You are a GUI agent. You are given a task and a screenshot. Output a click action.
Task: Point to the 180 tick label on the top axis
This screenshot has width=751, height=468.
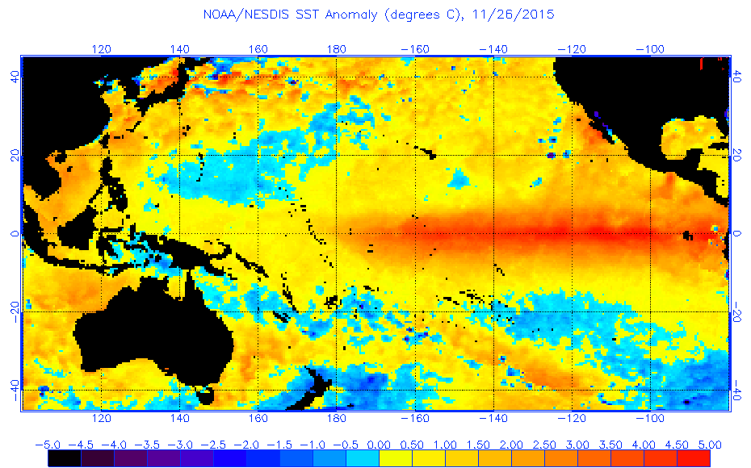(x=336, y=48)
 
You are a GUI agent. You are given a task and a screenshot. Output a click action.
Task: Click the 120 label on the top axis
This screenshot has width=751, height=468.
(x=101, y=48)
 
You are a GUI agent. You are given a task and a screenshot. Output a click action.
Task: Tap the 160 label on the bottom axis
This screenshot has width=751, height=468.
(x=258, y=419)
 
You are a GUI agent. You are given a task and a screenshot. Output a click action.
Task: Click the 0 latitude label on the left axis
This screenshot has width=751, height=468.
(x=14, y=233)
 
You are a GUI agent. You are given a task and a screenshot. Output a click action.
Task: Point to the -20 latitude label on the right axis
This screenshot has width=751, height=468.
(x=737, y=312)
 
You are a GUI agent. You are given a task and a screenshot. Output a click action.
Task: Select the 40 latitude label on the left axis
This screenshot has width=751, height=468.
(x=14, y=77)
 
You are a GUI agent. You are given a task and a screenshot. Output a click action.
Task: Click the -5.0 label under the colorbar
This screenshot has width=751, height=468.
(x=47, y=445)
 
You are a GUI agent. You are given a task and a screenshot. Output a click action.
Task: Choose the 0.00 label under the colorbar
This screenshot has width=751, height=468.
(x=379, y=445)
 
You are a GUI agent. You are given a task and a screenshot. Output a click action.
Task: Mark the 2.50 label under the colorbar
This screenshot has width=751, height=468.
(x=544, y=445)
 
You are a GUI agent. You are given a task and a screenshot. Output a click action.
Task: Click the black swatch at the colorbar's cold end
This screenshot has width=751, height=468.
(x=64, y=458)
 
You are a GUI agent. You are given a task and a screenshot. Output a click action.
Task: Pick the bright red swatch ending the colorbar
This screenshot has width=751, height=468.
(x=693, y=458)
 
